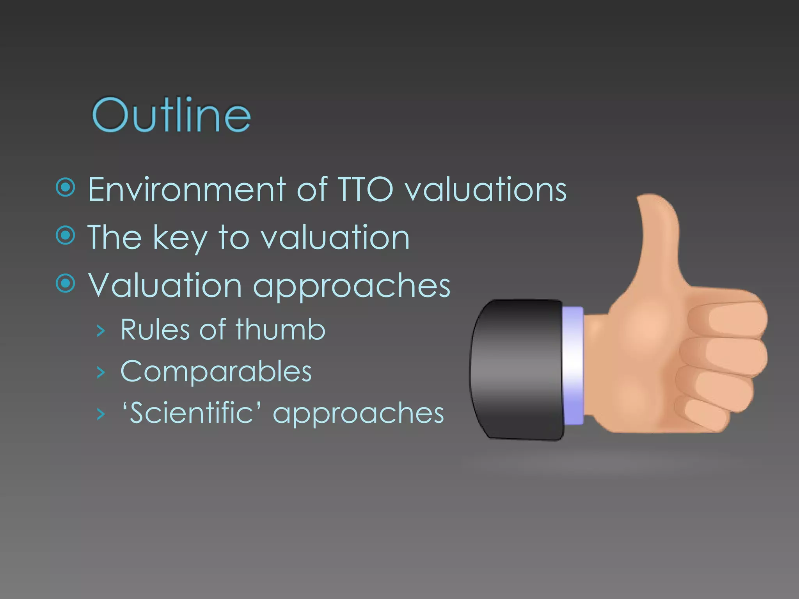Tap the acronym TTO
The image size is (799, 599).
tap(365, 190)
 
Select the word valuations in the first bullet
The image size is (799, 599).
tap(485, 190)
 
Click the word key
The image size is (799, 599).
tap(180, 238)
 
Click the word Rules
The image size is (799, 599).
tap(155, 330)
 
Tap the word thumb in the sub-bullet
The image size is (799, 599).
tap(280, 330)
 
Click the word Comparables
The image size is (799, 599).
tap(216, 371)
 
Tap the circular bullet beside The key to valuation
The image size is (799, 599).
tap(65, 236)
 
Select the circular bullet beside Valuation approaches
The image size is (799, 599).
tap(65, 283)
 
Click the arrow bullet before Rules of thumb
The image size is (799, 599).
tap(101, 331)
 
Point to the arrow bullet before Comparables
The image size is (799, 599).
tap(101, 373)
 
